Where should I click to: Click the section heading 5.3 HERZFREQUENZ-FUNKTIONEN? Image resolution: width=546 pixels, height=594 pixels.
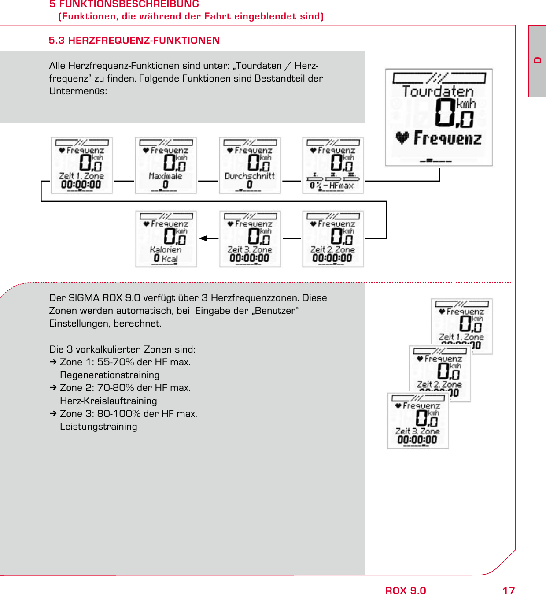click(134, 41)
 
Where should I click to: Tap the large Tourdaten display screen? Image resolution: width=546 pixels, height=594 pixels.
click(439, 117)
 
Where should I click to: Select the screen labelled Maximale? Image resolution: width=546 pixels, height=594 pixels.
click(166, 165)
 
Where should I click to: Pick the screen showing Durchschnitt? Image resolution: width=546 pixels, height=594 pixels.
click(250, 165)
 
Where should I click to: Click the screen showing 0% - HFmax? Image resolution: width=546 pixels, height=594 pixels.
click(333, 165)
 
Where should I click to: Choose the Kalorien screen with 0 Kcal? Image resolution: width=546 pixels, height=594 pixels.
click(166, 239)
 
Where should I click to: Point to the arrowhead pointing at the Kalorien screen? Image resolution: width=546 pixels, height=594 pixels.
click(203, 238)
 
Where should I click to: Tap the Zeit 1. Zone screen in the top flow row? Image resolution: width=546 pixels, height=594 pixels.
click(81, 165)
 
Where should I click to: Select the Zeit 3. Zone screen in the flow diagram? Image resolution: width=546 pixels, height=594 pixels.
click(250, 239)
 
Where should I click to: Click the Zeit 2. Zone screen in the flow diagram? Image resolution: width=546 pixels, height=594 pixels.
click(333, 239)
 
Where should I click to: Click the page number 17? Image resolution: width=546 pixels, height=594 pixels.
click(509, 590)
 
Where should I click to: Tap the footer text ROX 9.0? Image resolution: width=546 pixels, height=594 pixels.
click(406, 590)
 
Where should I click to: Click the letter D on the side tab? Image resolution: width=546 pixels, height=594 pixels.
click(538, 60)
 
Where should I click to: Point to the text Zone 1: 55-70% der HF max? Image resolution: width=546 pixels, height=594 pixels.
click(125, 362)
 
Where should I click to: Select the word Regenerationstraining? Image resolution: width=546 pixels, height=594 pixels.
click(110, 375)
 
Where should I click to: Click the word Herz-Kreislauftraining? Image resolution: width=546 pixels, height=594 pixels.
click(108, 401)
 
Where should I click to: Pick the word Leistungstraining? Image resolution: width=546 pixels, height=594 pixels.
click(99, 427)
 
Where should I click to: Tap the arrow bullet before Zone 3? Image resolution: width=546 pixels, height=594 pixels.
click(53, 414)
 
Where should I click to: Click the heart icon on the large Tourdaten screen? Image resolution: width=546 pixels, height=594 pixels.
click(402, 138)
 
